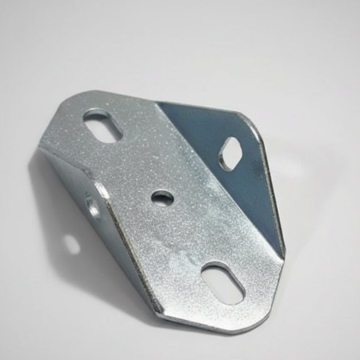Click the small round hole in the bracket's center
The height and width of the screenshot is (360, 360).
162,198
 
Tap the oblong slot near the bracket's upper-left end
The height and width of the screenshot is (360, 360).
102,125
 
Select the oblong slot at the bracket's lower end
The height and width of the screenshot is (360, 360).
222,283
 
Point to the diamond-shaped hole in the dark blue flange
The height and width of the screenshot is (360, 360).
231,154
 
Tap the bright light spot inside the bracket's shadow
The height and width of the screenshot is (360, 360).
72,244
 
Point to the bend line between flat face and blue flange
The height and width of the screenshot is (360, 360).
216,175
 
